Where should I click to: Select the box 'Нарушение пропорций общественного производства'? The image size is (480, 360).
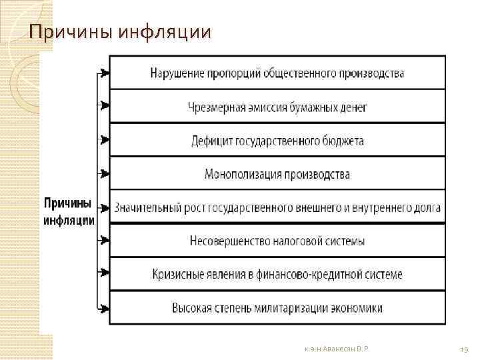click(x=277, y=73)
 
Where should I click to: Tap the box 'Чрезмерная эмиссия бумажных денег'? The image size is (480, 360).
click(x=277, y=107)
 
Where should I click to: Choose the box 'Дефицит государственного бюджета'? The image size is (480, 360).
click(x=277, y=141)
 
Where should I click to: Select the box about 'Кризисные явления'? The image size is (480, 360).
click(x=277, y=274)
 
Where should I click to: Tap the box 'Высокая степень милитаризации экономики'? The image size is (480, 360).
click(x=277, y=308)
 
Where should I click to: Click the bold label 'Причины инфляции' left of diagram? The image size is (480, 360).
click(x=69, y=211)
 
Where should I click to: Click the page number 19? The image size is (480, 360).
click(x=464, y=348)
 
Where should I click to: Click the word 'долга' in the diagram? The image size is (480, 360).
click(x=425, y=208)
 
